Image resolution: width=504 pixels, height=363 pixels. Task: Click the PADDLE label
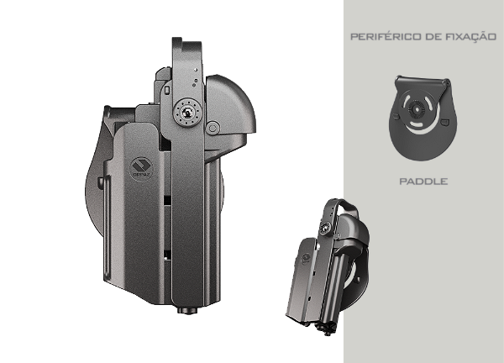[423, 181]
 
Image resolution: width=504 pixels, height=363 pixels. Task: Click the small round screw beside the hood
[213, 128]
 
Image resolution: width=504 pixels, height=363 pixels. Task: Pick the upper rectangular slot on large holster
[168, 198]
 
